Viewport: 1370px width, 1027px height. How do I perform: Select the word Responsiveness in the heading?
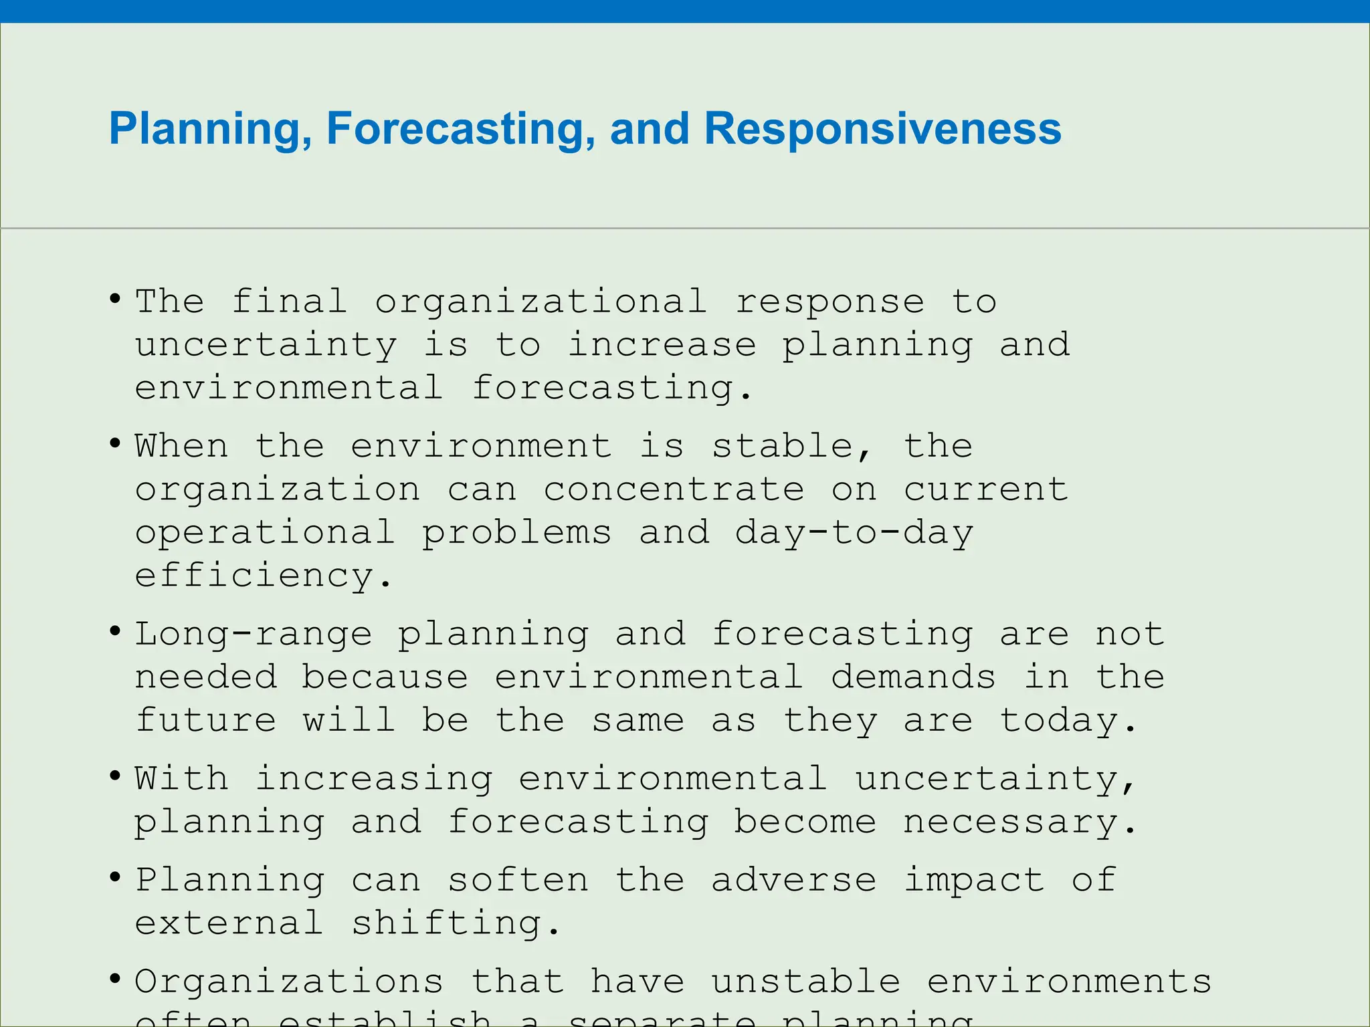click(x=882, y=129)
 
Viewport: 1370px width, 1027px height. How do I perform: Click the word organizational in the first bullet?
click(x=541, y=302)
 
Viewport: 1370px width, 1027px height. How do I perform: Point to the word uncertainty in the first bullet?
click(x=266, y=346)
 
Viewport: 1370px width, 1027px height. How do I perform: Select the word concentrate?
click(x=674, y=489)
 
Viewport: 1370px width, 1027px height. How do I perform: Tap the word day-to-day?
click(x=854, y=533)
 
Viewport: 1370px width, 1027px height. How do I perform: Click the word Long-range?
click(x=254, y=635)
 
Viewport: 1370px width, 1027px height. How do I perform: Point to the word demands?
click(x=913, y=677)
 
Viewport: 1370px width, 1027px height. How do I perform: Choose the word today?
click(x=1068, y=721)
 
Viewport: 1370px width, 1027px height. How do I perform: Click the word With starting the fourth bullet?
click(x=181, y=779)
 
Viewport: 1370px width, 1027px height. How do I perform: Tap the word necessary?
click(x=1019, y=822)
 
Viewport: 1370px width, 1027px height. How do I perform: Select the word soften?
click(x=518, y=880)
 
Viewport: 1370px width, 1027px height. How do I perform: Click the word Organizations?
click(x=289, y=982)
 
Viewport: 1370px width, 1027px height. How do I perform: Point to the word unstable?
click(x=805, y=982)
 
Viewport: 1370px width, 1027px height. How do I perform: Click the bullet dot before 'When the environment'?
click(x=115, y=443)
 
